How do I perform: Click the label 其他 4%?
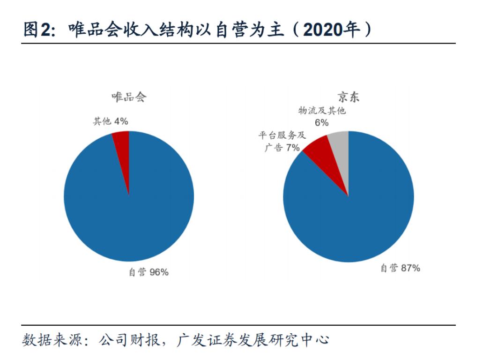[111, 121]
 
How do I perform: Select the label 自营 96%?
[148, 272]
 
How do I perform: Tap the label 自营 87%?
[400, 268]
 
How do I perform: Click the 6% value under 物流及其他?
[321, 123]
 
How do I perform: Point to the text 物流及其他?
[322, 111]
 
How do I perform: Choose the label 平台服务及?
[282, 136]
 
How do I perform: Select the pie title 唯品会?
[129, 97]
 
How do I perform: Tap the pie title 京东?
[349, 97]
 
